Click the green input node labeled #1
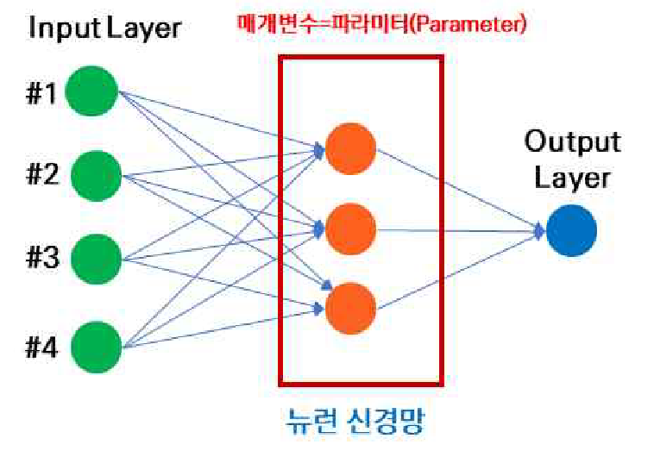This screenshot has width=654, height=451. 91,91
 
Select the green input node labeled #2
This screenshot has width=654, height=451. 96,176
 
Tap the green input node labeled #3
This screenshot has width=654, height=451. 96,260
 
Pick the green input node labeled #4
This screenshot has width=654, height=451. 96,348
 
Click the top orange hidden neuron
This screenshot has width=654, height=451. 350,148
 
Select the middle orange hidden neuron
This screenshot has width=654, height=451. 350,229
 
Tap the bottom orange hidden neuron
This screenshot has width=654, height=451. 350,309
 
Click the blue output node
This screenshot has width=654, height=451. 571,230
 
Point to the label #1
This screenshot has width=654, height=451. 41,93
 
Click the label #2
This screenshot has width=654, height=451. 42,175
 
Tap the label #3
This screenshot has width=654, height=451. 42,257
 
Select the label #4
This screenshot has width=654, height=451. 41,348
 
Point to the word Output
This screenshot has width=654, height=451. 573,141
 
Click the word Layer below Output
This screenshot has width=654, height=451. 572,178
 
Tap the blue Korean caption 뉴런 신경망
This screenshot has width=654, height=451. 355,421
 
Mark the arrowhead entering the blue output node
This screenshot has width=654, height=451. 540,231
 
